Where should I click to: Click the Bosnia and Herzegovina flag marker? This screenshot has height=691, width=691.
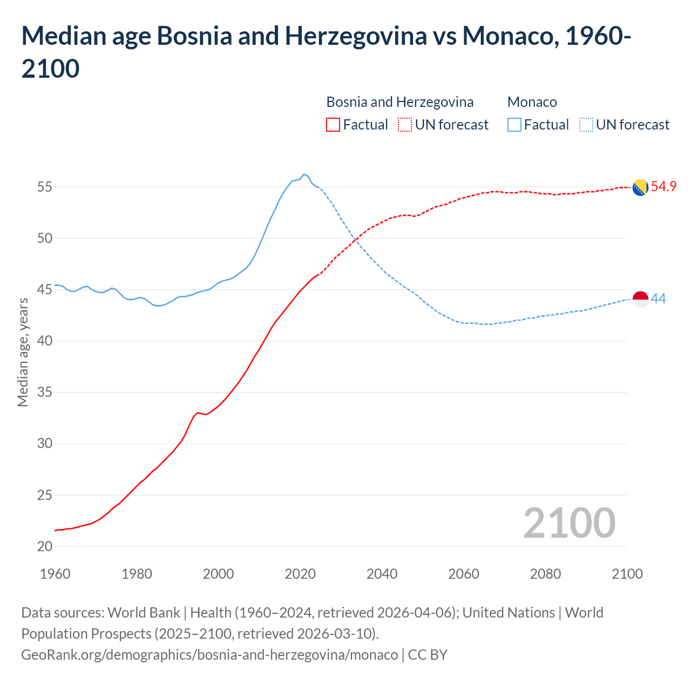[x=640, y=187]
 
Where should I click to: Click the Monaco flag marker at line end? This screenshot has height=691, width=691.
[x=640, y=299]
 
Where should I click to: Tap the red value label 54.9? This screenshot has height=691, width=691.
[x=663, y=187]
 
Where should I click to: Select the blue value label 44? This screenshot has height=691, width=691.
[x=658, y=299]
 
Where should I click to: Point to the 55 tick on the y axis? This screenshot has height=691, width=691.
[x=45, y=187]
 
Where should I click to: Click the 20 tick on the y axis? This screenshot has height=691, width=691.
[x=45, y=546]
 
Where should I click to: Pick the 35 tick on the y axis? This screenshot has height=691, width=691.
[x=45, y=392]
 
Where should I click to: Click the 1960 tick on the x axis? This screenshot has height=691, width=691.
[x=55, y=574]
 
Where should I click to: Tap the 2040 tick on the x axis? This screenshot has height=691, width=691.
[x=382, y=574]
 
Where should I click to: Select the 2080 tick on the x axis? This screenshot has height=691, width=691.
[x=545, y=574]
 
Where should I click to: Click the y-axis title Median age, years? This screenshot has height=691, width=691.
[x=23, y=352]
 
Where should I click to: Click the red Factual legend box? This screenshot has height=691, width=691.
[x=333, y=125]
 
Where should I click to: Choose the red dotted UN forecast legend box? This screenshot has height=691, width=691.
[x=405, y=125]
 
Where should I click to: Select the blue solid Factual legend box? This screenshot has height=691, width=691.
[x=514, y=125]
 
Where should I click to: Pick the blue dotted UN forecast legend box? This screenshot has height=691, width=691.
[x=586, y=125]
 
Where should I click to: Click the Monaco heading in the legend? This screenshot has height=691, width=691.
[x=532, y=102]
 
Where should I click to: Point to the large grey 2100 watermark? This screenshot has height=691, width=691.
[x=569, y=523]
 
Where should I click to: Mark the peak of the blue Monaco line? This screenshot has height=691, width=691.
[x=304, y=174]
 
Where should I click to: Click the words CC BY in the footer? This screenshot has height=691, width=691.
[x=428, y=655]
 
